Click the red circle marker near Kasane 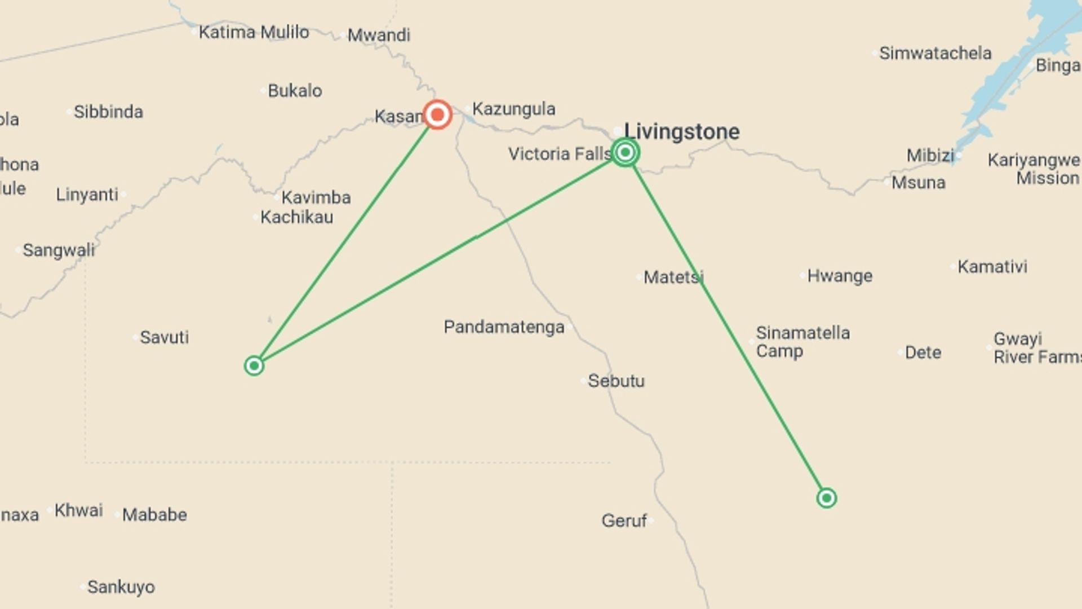tap(437, 115)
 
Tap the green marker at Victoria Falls tap(625, 152)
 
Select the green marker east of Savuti tap(254, 366)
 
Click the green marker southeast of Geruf tap(826, 498)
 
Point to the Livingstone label tap(682, 131)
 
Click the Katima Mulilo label tap(254, 32)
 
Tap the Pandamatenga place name tap(504, 327)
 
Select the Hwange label tap(840, 276)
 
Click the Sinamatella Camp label tap(802, 342)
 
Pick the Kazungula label tap(513, 109)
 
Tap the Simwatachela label tap(935, 53)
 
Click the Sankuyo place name tap(121, 587)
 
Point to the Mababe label tap(154, 515)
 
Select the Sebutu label tap(616, 381)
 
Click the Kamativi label tap(992, 266)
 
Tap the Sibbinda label tap(108, 112)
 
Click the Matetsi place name tap(673, 277)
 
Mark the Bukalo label tap(295, 90)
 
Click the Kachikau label tap(296, 217)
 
